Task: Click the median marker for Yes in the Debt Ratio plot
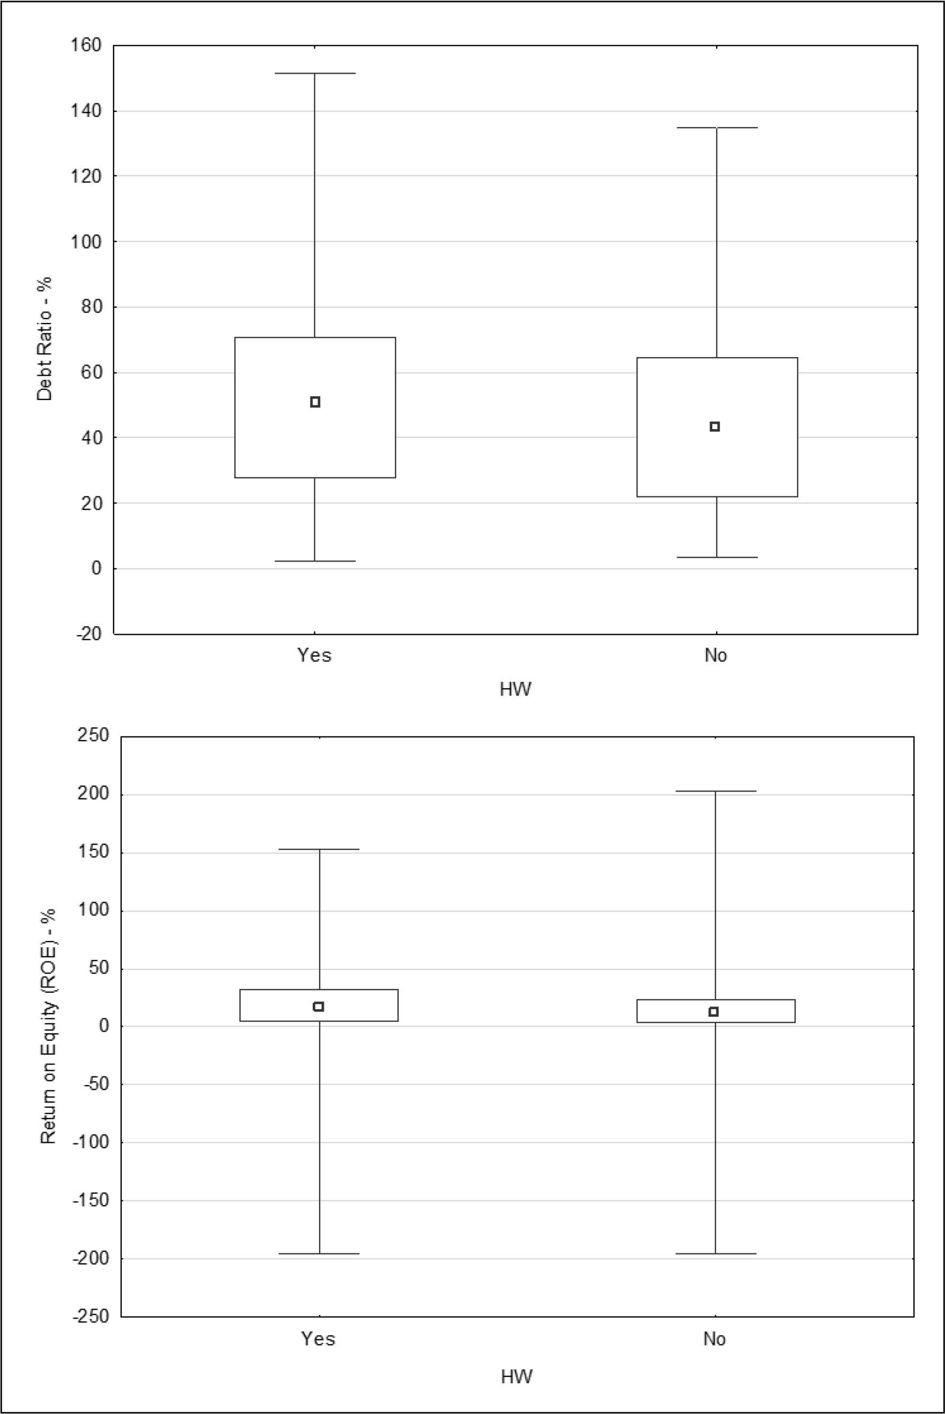[315, 402]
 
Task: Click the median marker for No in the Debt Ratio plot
[715, 426]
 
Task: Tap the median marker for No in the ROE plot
[713, 1011]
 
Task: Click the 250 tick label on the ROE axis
[93, 736]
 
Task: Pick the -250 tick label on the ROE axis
[91, 1317]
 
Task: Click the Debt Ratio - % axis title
[45, 339]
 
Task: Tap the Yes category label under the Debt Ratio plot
[315, 655]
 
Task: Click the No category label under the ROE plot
[715, 1339]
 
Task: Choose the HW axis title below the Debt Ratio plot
[516, 689]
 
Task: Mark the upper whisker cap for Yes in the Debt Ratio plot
[315, 74]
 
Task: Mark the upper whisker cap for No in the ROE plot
[716, 791]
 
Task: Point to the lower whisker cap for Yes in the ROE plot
[320, 1254]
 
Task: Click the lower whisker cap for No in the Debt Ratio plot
[717, 557]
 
